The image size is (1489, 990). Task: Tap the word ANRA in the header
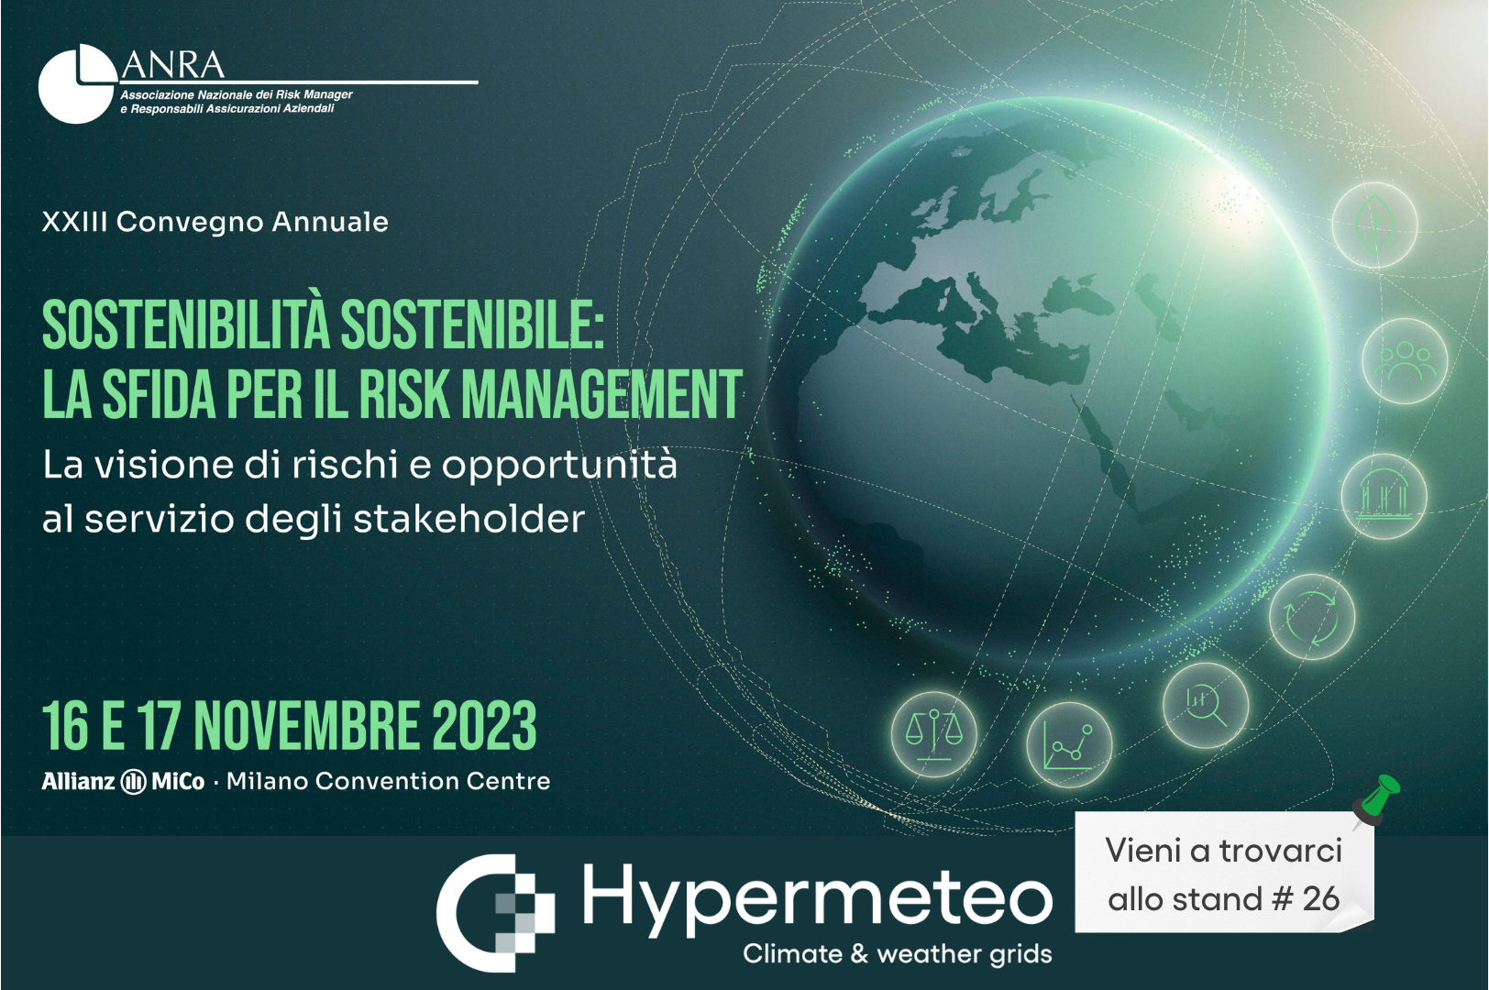(x=173, y=65)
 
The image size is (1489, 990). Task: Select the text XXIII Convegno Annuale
(x=215, y=222)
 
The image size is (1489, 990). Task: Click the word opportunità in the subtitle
(x=559, y=466)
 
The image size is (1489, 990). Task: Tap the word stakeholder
(x=469, y=519)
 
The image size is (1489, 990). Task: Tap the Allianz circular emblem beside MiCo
(x=133, y=781)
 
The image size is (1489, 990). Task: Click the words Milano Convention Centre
(x=388, y=781)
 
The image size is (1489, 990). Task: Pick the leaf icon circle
(x=1374, y=225)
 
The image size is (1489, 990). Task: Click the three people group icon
(x=1405, y=361)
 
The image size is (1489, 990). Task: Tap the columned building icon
(x=1384, y=496)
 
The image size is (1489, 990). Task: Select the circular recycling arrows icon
(x=1311, y=617)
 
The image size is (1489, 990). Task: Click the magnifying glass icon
(x=1206, y=706)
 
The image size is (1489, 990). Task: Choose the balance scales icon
(x=934, y=734)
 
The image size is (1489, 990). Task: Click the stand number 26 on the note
(x=1320, y=899)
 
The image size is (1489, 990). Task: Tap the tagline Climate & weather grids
(x=898, y=954)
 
